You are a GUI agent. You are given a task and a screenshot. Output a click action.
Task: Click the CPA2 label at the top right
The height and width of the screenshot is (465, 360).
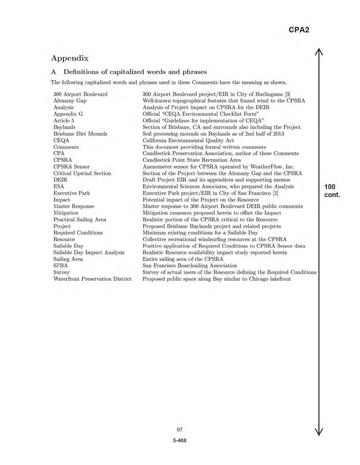pyautogui.click(x=298, y=30)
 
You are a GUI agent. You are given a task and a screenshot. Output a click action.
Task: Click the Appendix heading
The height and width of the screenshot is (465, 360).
pyautogui.click(x=70, y=58)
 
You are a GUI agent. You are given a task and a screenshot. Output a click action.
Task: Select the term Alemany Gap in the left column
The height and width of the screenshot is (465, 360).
pyautogui.click(x=70, y=101)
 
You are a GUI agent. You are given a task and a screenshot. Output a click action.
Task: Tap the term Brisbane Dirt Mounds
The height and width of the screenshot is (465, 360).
pyautogui.click(x=80, y=134)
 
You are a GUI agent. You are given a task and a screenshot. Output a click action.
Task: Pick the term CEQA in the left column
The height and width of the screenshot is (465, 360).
pyautogui.click(x=61, y=140)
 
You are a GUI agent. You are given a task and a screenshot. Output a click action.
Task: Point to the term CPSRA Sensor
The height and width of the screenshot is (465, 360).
pyautogui.click(x=71, y=166)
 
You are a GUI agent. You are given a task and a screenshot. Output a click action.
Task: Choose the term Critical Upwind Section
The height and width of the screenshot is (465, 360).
pyautogui.click(x=82, y=173)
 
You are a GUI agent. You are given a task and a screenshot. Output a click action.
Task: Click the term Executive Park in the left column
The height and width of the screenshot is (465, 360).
pyautogui.click(x=72, y=193)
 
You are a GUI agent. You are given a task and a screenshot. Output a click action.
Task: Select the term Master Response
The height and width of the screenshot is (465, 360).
pyautogui.click(x=74, y=206)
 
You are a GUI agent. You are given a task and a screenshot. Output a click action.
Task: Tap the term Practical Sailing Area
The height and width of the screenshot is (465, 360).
pyautogui.click(x=80, y=219)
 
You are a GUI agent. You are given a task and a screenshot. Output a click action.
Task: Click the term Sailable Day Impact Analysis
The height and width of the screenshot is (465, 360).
pyautogui.click(x=89, y=252)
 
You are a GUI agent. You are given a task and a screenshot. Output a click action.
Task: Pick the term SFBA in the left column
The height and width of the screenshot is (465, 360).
pyautogui.click(x=61, y=265)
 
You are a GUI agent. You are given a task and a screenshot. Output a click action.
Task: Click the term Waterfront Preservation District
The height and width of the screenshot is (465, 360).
pyautogui.click(x=92, y=279)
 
